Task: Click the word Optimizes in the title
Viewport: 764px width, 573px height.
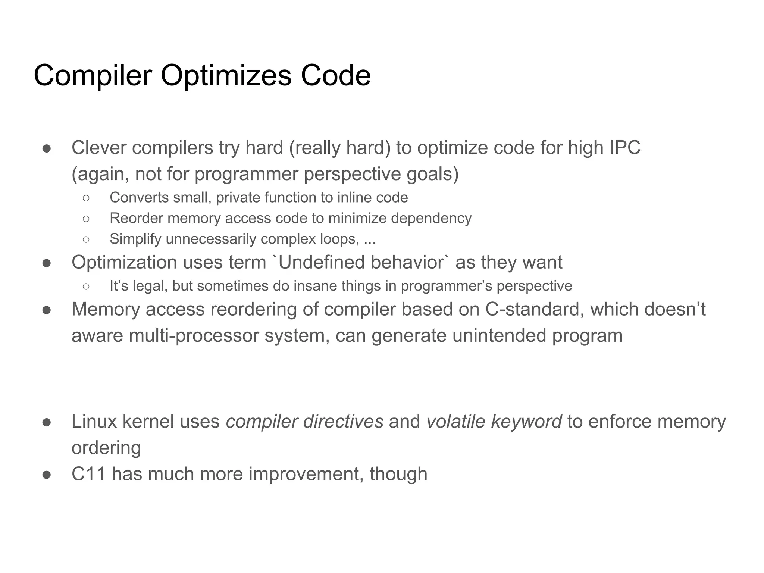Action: (226, 76)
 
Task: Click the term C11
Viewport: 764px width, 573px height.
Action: (88, 474)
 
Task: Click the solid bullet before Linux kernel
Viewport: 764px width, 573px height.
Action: (47, 422)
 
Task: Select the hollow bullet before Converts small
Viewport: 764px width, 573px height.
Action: (86, 198)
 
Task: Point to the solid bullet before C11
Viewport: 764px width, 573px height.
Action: (47, 475)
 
